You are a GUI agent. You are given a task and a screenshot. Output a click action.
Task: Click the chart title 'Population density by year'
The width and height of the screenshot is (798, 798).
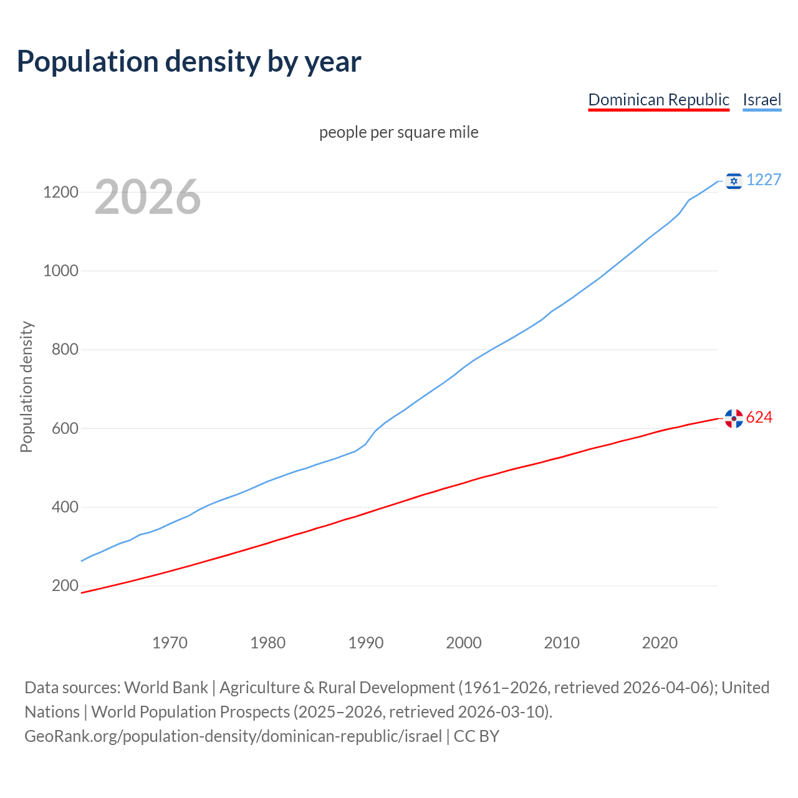(189, 62)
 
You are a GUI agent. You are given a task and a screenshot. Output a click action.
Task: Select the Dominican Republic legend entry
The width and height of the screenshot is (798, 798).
(658, 100)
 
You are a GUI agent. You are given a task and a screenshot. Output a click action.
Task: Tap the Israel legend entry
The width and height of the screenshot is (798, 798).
(762, 100)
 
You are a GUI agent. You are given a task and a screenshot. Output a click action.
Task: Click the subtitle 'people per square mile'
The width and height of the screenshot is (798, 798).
(398, 132)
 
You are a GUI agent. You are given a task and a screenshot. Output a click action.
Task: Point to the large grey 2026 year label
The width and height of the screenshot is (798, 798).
(148, 197)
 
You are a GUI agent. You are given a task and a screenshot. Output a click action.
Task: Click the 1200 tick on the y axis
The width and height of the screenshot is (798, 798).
(60, 192)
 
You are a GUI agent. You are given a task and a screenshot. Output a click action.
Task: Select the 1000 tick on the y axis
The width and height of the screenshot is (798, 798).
(60, 271)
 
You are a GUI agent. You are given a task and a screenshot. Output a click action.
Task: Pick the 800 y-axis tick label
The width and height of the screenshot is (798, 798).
(65, 349)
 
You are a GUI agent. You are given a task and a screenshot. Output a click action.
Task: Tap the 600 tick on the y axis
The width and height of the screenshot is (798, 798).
(65, 428)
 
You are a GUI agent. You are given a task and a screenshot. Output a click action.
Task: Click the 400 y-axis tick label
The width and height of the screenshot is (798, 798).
(65, 507)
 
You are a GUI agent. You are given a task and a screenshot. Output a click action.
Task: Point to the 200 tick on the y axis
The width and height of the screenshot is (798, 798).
(65, 585)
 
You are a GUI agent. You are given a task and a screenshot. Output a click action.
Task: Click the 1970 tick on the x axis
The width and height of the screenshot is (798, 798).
(170, 643)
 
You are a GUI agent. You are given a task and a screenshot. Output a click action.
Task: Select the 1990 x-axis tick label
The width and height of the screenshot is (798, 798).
(366, 643)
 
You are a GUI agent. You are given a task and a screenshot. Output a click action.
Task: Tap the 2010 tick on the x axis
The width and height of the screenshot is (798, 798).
(562, 643)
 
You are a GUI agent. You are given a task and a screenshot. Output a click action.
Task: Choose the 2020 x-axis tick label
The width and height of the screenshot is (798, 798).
(660, 643)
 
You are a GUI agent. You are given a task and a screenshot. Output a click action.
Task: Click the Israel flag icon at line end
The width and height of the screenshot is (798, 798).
(734, 180)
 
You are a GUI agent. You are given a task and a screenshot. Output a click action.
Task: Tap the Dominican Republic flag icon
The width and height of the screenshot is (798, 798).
(734, 418)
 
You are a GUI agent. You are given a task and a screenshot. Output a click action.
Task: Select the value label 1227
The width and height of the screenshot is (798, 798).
(764, 180)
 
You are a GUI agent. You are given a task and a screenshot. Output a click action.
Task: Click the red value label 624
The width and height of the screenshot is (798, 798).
(759, 417)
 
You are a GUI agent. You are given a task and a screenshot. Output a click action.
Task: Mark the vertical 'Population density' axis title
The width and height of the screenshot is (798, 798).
(26, 387)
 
